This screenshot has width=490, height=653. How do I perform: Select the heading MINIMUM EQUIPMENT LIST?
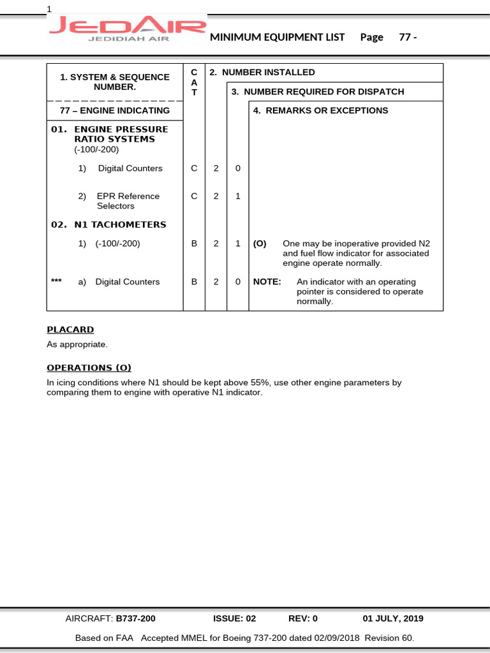click(x=278, y=37)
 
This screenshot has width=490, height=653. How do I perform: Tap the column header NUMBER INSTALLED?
click(x=262, y=73)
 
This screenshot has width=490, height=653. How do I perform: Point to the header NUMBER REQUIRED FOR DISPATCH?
click(x=318, y=92)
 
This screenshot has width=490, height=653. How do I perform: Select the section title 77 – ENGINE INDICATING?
click(x=115, y=110)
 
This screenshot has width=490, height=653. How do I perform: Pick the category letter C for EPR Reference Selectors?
click(x=194, y=196)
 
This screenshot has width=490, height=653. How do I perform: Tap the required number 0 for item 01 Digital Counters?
click(x=237, y=168)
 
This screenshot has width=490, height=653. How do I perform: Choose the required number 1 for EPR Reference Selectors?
click(x=237, y=196)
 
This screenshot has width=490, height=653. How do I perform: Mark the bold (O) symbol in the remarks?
click(x=260, y=244)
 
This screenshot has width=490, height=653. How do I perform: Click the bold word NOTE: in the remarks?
click(x=267, y=282)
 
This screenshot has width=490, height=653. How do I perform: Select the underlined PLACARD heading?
click(x=70, y=330)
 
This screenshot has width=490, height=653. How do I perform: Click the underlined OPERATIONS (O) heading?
click(x=89, y=368)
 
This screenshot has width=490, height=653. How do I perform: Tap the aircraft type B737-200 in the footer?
click(x=135, y=619)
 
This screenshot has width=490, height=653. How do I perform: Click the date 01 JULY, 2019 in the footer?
click(x=393, y=619)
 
